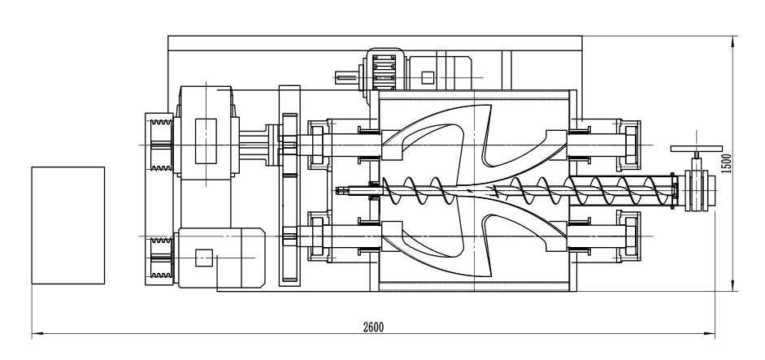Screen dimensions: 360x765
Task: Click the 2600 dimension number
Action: coord(373,326)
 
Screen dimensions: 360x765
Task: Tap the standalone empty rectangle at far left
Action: coord(68,225)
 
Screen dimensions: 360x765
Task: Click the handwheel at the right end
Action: coord(697,150)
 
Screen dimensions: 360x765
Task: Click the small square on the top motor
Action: coord(428,78)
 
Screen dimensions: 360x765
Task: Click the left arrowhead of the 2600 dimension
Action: coord(34,333)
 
